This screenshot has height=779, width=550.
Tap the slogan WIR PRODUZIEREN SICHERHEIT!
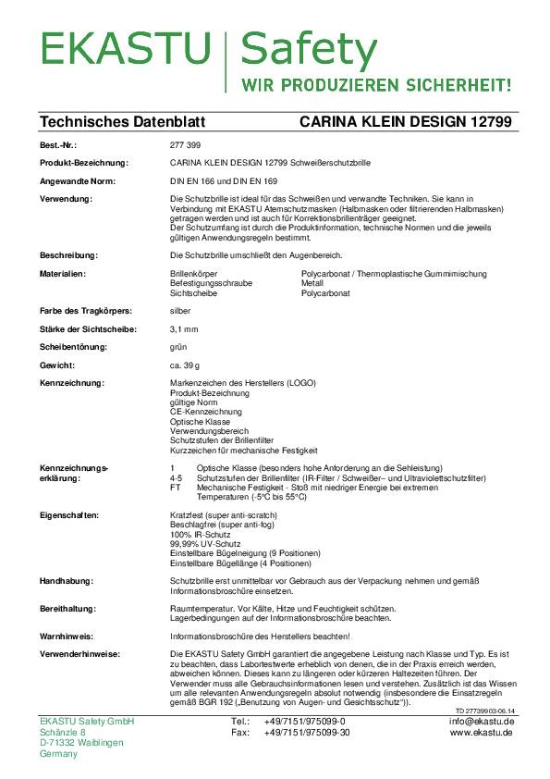376,85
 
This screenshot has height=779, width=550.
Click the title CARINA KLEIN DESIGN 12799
407,122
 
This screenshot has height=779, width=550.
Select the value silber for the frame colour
181,310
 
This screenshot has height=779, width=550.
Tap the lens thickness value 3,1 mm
185,328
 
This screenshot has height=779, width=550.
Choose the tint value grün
180,347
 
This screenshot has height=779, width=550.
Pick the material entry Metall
313,283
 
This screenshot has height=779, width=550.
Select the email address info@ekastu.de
482,721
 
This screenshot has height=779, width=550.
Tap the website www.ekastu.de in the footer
482,732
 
